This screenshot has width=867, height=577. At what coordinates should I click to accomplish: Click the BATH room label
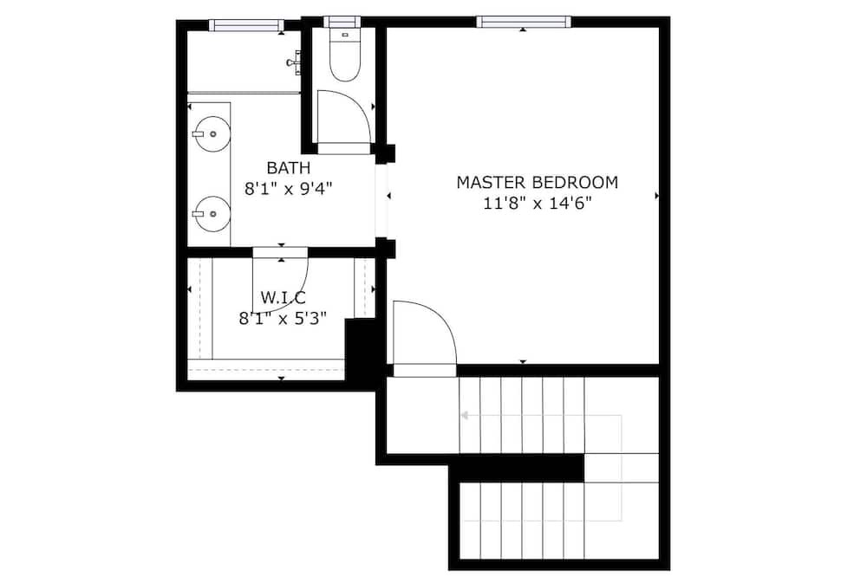[288, 167]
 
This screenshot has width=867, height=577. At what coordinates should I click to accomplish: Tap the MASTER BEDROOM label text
[537, 182]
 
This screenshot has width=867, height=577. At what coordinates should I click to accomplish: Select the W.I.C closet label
[283, 298]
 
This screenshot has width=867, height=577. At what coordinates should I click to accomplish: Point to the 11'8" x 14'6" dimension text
[538, 204]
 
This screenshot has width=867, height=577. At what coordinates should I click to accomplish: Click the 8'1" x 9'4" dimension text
[288, 189]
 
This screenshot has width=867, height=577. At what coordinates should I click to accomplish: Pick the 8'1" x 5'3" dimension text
[283, 319]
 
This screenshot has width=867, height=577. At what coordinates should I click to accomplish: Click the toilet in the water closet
[344, 55]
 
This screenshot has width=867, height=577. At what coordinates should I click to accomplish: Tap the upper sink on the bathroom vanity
[211, 133]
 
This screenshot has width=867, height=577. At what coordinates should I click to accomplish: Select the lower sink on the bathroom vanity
[211, 214]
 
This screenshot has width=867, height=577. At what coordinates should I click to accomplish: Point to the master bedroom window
[523, 23]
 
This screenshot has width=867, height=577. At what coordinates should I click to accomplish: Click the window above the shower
[246, 25]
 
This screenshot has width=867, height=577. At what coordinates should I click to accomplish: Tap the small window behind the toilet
[342, 22]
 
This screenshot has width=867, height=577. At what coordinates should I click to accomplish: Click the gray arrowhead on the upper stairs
[465, 415]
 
